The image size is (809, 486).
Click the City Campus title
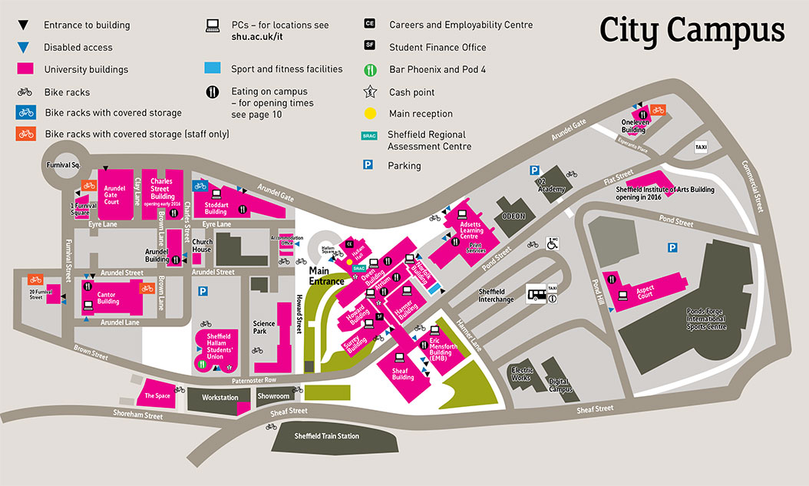(x=692, y=31)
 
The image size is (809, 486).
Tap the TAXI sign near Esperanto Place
(x=701, y=146)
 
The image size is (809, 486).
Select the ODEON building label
(x=513, y=217)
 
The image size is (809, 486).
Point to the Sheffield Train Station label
(x=327, y=436)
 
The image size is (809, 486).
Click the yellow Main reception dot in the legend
(x=371, y=114)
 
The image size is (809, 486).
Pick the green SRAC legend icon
(x=371, y=136)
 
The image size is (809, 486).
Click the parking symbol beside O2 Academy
(x=533, y=171)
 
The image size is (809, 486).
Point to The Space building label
(x=157, y=395)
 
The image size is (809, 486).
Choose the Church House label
(x=202, y=245)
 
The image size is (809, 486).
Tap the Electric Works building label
(x=522, y=373)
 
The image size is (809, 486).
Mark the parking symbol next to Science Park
(x=203, y=291)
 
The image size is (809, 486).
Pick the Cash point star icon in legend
(x=371, y=91)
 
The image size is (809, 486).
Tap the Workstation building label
(x=220, y=398)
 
